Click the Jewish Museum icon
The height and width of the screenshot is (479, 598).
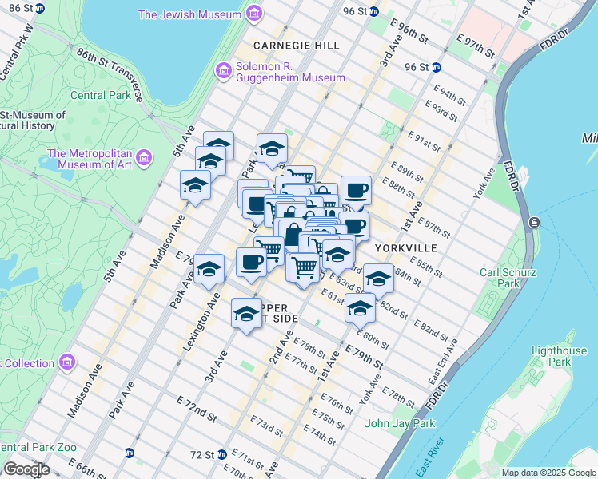[254, 14]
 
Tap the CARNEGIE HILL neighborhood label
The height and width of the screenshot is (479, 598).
[295, 46]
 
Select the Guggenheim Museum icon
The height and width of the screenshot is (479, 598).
[223, 71]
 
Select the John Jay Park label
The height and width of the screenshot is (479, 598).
[400, 423]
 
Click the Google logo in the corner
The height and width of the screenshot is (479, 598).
[26, 469]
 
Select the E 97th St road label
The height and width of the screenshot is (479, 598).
[476, 44]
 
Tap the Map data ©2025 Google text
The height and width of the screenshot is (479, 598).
[548, 473]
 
